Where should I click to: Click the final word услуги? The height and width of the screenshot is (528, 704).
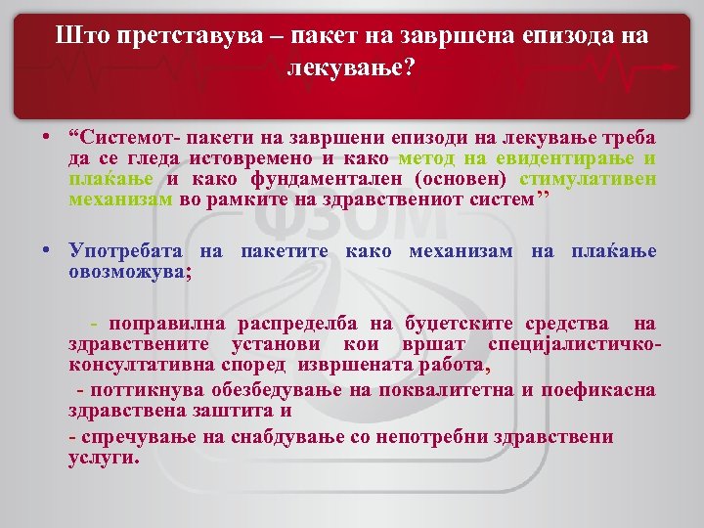click(x=104, y=458)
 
